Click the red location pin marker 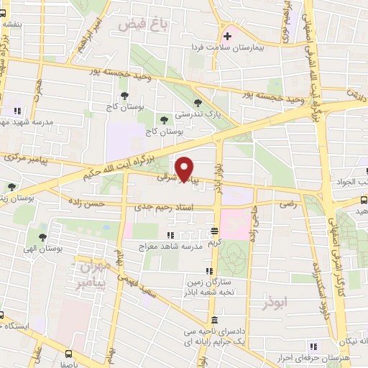(185, 168)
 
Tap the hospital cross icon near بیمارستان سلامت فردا (227, 35)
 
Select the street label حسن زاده (89, 204)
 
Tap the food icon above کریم (213, 231)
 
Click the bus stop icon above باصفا (68, 354)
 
